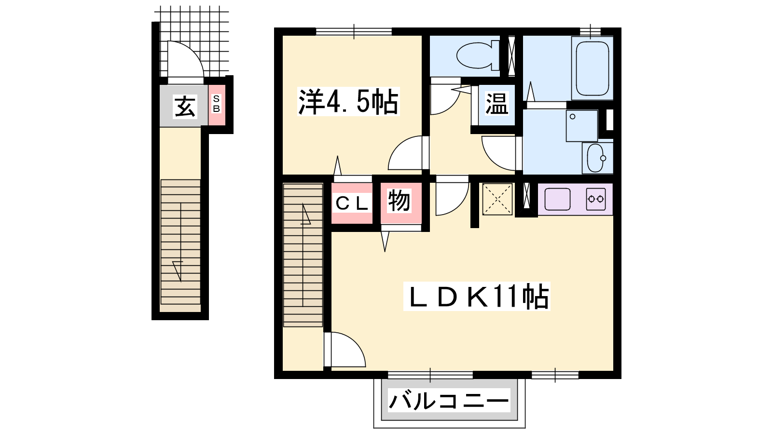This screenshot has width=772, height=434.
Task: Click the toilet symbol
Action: [x=478, y=55]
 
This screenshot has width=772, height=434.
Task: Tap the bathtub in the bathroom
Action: [x=592, y=68]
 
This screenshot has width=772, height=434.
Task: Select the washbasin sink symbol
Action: [x=597, y=158]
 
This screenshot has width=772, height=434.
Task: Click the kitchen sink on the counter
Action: [x=557, y=199]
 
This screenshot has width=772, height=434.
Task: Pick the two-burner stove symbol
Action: [x=596, y=199]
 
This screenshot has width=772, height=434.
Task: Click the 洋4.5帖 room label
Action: [x=348, y=101]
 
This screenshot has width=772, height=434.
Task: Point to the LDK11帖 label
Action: [x=477, y=296]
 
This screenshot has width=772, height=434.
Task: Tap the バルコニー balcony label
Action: [x=449, y=400]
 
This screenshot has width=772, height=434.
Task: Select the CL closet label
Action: [x=352, y=203]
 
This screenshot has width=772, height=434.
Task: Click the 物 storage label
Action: [x=399, y=201]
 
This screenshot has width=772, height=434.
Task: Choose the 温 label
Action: [x=496, y=103]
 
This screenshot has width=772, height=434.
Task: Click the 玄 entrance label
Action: [x=185, y=107]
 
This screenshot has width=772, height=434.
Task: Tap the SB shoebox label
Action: [x=217, y=104]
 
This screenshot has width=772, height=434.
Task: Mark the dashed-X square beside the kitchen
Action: [x=497, y=199]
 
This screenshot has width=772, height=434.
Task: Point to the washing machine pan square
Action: [x=582, y=126]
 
